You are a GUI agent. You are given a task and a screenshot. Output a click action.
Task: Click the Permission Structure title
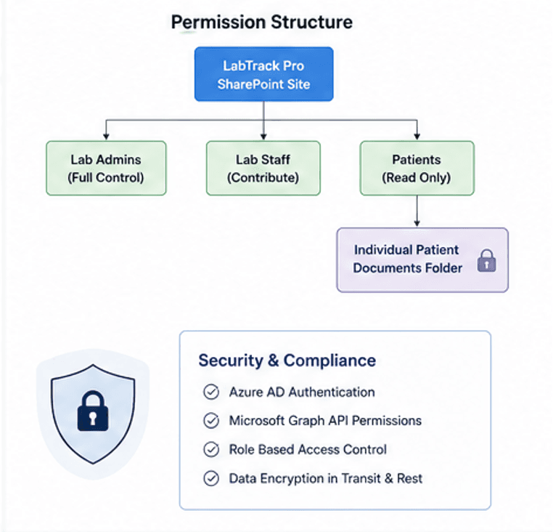tap(262, 23)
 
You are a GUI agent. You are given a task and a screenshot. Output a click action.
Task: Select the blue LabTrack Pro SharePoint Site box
tap(264, 74)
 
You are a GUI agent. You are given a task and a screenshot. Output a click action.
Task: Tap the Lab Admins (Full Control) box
tap(106, 168)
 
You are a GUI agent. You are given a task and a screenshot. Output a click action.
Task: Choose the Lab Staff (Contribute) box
tap(263, 168)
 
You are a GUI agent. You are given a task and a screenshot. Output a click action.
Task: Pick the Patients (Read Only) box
tap(417, 168)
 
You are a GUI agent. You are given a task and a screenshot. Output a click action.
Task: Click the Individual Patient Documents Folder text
tap(407, 259)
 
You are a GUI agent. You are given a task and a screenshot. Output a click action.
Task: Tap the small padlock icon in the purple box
tap(487, 261)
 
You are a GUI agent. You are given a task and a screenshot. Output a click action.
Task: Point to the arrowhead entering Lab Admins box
tap(106, 137)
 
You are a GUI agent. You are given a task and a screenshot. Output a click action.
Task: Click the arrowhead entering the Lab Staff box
tap(263, 137)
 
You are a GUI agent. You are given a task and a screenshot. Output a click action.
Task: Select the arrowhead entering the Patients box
tap(417, 137)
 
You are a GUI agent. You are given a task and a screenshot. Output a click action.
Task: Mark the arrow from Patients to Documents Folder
tap(417, 211)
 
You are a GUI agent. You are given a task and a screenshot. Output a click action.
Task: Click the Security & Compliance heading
tap(287, 360)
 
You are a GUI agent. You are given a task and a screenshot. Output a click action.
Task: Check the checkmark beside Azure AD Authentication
tap(211, 392)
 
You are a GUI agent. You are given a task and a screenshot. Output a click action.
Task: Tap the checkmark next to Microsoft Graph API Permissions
tap(211, 420)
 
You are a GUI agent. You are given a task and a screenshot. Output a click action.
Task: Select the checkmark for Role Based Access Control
tap(211, 449)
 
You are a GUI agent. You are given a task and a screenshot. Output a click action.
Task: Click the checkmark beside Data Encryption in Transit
tap(211, 478)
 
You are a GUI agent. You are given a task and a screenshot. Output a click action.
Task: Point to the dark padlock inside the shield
tap(93, 411)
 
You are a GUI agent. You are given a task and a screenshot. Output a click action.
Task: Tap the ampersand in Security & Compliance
tap(274, 360)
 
